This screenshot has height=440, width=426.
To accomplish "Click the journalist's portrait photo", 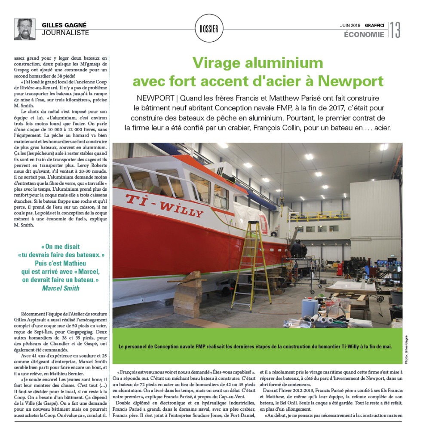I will [25, 29].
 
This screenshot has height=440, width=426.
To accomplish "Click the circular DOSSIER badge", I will [209, 29].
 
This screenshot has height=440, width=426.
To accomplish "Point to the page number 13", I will [395, 30].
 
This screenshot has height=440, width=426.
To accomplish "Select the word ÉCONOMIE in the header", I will [364, 35].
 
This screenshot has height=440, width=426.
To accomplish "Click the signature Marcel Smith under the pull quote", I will [61, 288].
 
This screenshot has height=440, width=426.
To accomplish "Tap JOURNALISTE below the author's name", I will [65, 33].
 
